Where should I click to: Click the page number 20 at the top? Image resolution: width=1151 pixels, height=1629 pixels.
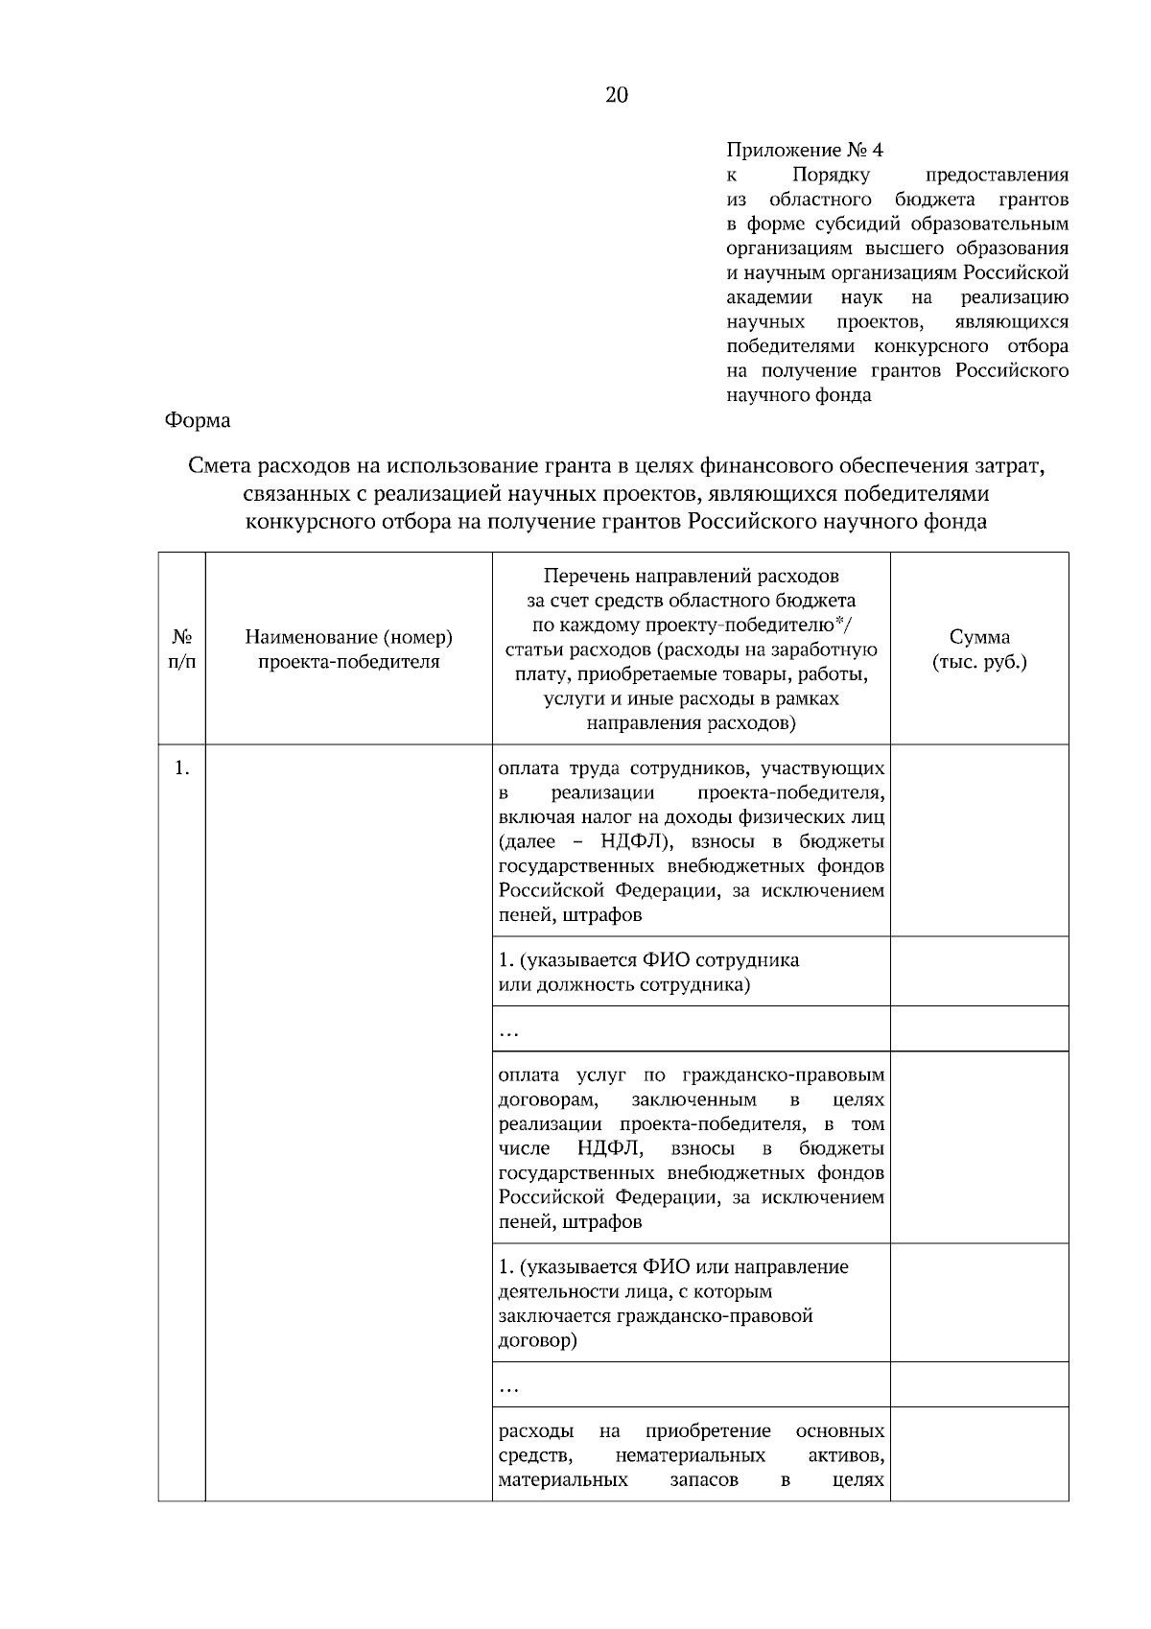(x=617, y=94)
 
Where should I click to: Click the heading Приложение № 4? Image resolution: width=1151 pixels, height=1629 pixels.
(x=805, y=150)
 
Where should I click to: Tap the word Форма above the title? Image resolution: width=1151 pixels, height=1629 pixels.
(x=198, y=420)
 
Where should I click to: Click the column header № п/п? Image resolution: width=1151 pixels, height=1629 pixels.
(x=181, y=649)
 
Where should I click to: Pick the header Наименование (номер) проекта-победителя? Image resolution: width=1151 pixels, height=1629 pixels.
(x=348, y=649)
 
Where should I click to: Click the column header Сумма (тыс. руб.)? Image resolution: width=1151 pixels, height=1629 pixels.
(x=979, y=649)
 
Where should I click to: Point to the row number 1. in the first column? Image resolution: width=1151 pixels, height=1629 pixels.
(x=181, y=767)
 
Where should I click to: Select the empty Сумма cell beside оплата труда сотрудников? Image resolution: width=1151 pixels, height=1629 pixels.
(x=979, y=840)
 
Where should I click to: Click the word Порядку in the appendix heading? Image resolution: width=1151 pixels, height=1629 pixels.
(x=831, y=175)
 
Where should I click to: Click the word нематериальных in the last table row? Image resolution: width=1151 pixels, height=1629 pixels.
(x=691, y=1455)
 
